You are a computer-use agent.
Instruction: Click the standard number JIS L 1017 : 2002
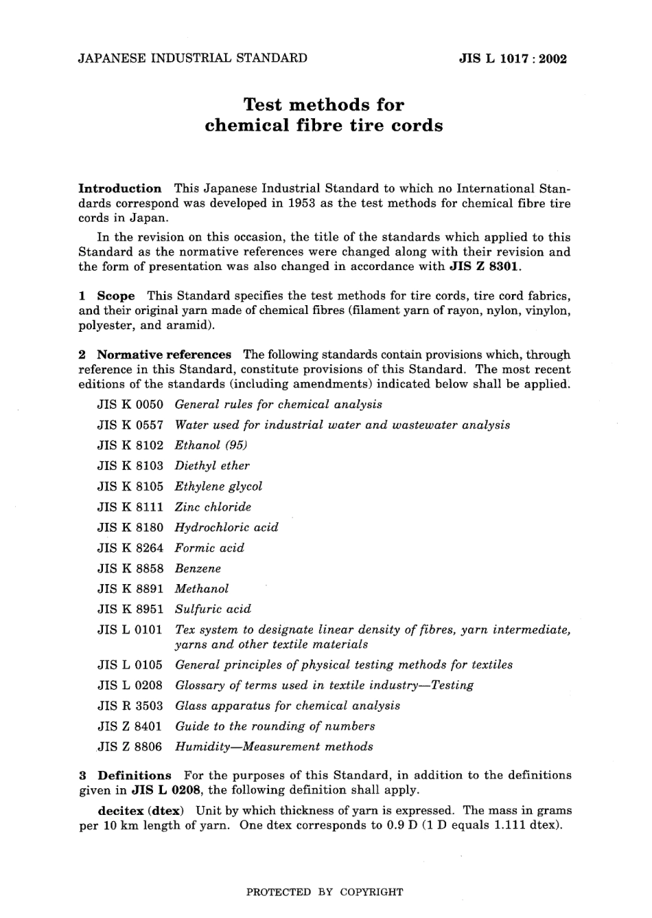[513, 58]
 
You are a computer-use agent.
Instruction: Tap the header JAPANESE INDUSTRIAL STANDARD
[193, 58]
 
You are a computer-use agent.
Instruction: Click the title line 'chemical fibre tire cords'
[324, 126]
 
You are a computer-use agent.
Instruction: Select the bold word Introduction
[120, 188]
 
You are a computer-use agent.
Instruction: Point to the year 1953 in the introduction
[301, 203]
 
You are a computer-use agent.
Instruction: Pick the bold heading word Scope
[115, 296]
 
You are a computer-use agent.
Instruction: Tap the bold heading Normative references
[164, 355]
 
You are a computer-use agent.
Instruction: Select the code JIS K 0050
[130, 404]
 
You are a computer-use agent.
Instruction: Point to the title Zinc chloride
[213, 507]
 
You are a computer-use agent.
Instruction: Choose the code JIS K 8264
[130, 548]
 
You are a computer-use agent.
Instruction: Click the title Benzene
[198, 568]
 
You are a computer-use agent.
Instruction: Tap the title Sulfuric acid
[213, 609]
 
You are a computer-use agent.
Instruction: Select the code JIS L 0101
[130, 629]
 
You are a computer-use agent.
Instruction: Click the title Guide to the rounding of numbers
[275, 726]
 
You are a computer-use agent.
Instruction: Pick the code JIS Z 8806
[130, 746]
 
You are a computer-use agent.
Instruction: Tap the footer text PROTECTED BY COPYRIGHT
[325, 893]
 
